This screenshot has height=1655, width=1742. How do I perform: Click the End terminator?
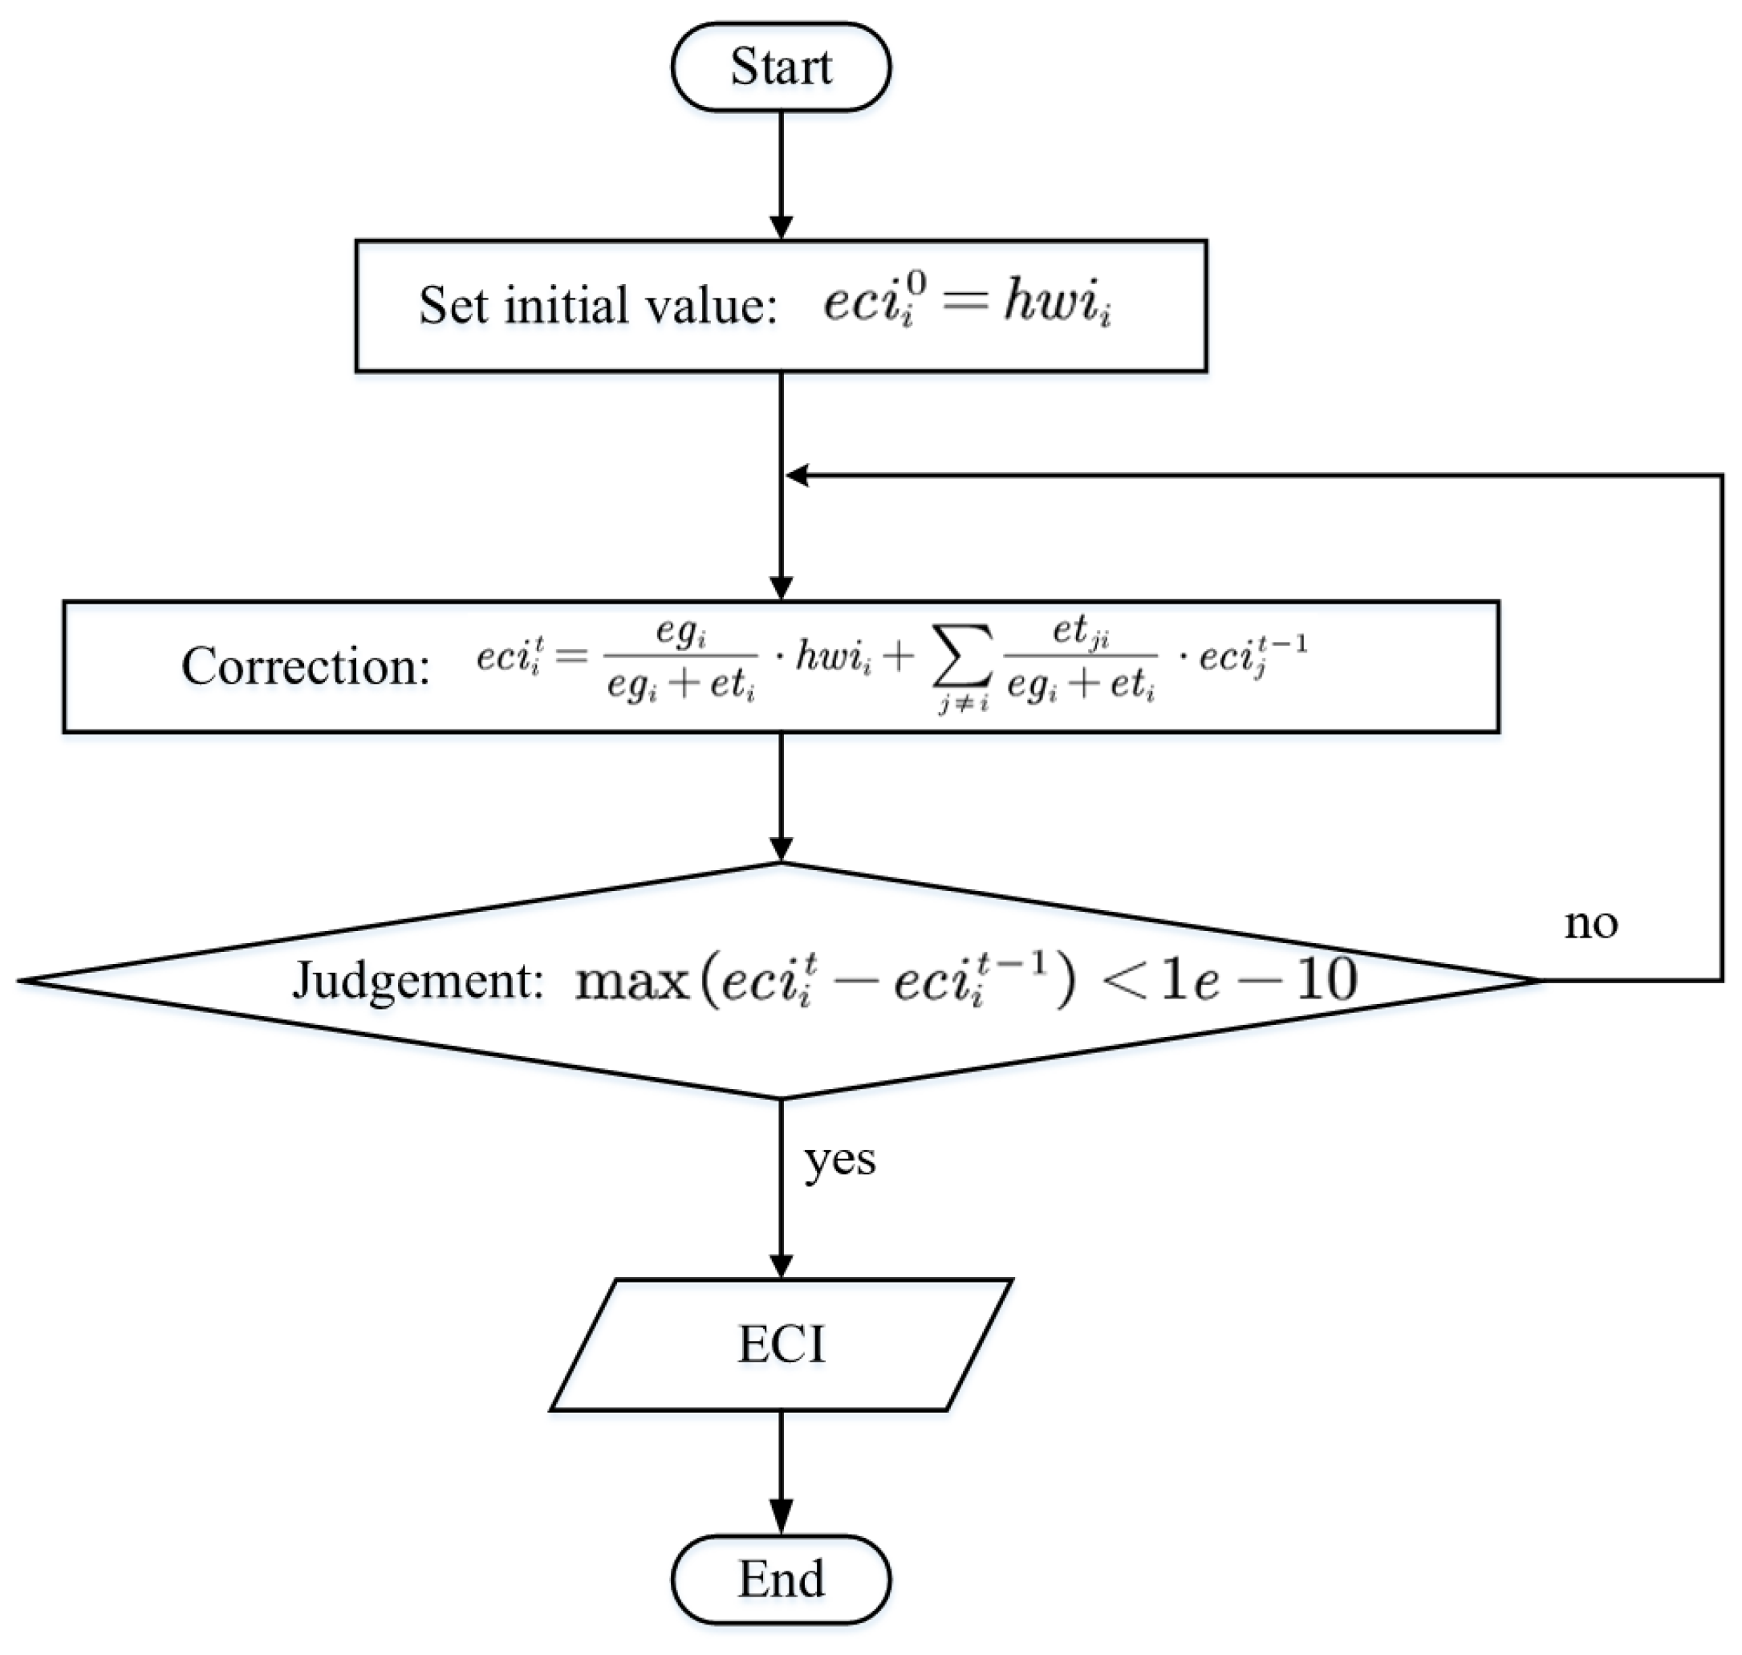(x=781, y=1578)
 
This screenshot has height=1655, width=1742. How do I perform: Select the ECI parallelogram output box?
(x=781, y=1345)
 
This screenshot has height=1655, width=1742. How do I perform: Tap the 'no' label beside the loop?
(x=1590, y=924)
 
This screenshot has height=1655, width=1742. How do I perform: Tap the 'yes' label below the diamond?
(x=839, y=1160)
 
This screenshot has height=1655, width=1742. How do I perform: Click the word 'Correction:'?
(x=305, y=666)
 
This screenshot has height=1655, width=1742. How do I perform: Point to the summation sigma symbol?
(x=962, y=657)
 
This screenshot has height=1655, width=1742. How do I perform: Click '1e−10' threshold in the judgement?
(x=1259, y=980)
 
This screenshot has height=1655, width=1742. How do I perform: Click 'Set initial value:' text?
(x=597, y=305)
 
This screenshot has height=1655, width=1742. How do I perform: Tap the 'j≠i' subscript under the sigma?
(x=962, y=703)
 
